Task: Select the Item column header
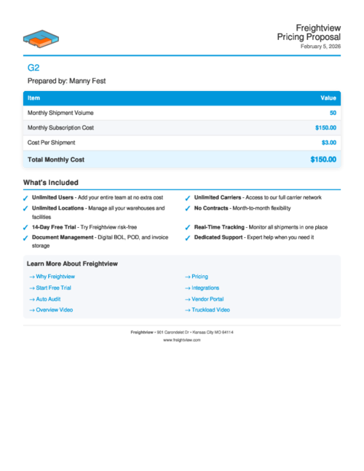pyautogui.click(x=34, y=97)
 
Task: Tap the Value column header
pyautogui.click(x=328, y=97)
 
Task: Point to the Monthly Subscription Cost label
pyautogui.click(x=60, y=127)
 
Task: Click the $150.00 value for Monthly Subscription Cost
pyautogui.click(x=325, y=127)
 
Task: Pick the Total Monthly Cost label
pyautogui.click(x=55, y=159)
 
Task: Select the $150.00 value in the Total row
pyautogui.click(x=323, y=159)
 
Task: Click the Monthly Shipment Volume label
pyautogui.click(x=60, y=113)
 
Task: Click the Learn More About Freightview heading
pyautogui.click(x=72, y=264)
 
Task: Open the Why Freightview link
pyautogui.click(x=55, y=277)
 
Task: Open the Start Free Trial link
pyautogui.click(x=53, y=288)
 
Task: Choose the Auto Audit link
pyautogui.click(x=48, y=298)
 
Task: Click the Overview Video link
pyautogui.click(x=54, y=309)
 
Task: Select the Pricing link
pyautogui.click(x=199, y=277)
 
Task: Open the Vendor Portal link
pyautogui.click(x=207, y=298)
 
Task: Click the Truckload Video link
pyautogui.click(x=210, y=309)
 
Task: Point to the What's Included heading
pyautogui.click(x=51, y=182)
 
